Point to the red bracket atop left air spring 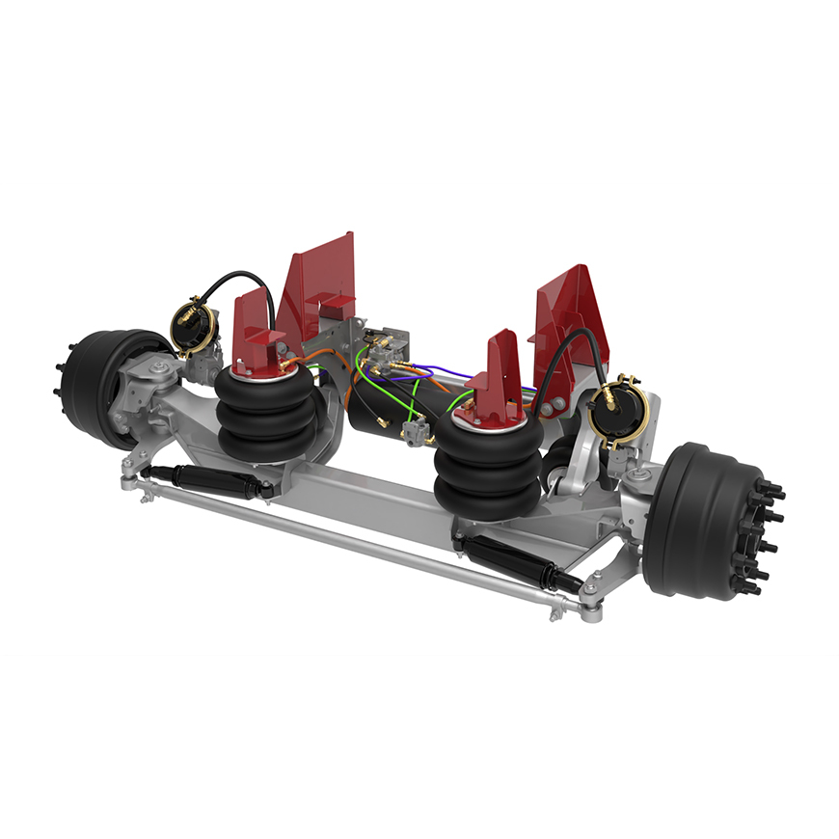254,333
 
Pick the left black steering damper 198,478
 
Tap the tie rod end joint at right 589,607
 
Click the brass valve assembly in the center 386,347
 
